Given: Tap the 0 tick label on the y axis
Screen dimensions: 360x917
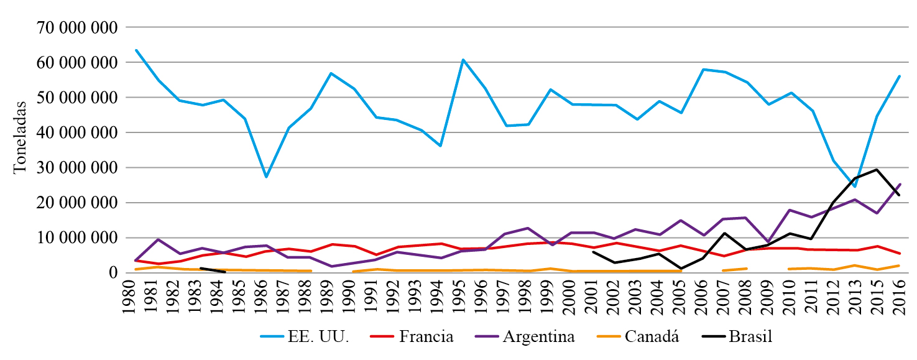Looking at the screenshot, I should (x=113, y=273).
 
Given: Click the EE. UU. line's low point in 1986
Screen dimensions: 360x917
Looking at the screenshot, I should (x=266, y=177).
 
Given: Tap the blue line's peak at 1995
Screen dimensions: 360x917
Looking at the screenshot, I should (x=463, y=60).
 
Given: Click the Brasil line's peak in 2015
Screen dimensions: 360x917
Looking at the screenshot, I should (x=877, y=169).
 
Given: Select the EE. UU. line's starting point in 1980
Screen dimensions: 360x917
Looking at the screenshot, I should (x=136, y=50).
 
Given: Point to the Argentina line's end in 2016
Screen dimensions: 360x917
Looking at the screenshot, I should (x=899, y=184).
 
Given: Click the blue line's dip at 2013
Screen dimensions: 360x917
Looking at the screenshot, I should (x=855, y=186).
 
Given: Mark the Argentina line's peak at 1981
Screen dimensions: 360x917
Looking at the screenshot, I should (x=157, y=239).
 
